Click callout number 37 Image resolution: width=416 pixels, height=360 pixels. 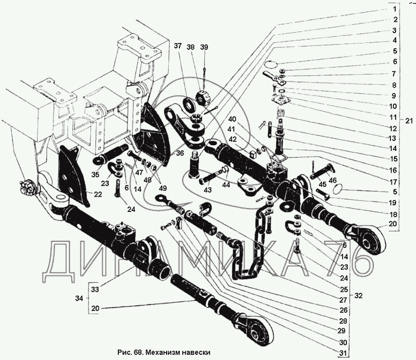[x=177, y=46]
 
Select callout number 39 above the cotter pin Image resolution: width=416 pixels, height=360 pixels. [x=204, y=46]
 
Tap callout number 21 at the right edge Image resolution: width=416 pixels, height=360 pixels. [x=409, y=121]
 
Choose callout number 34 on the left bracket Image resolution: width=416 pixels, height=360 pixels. [x=79, y=298]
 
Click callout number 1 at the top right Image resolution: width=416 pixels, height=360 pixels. [x=393, y=9]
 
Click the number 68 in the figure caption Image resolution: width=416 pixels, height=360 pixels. [x=137, y=352]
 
